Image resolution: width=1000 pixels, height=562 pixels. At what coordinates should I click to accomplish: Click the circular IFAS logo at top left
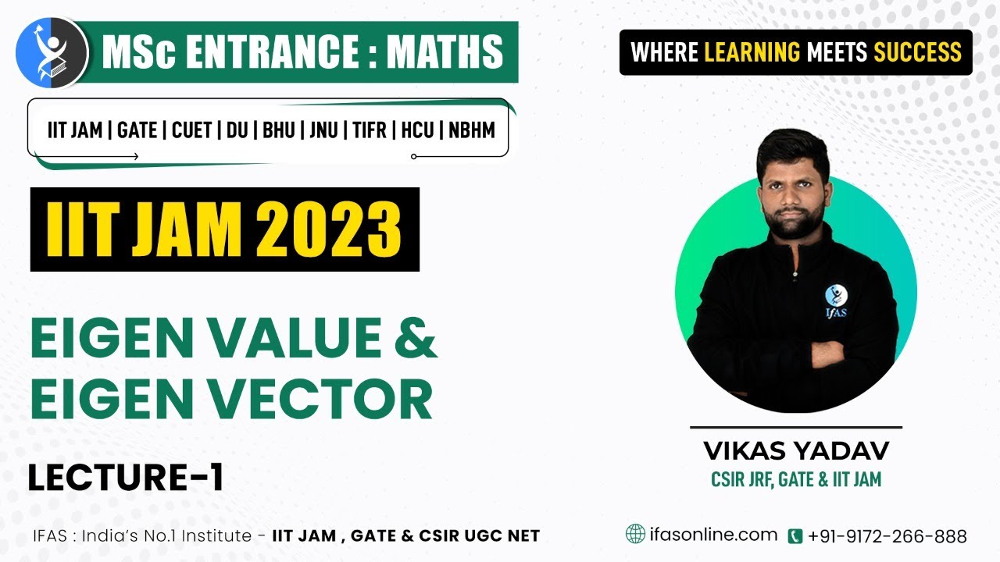52,52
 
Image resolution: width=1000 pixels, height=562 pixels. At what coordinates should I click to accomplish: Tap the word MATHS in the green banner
445,52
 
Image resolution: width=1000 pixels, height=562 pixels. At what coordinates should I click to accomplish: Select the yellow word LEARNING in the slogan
752,52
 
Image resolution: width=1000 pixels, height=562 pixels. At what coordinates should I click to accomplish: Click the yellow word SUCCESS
917,52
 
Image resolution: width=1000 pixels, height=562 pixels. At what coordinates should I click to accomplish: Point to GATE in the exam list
137,130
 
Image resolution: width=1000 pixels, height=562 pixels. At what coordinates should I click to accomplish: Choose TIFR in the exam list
370,130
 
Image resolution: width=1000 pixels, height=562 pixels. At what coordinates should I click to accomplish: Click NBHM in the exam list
472,130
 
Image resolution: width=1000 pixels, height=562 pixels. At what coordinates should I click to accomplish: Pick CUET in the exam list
191,130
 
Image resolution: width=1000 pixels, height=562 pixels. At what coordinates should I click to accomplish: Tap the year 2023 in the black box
328,229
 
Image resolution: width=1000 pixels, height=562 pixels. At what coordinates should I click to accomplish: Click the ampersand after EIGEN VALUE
416,337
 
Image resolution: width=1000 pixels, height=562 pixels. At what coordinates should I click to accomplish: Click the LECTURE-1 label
126,477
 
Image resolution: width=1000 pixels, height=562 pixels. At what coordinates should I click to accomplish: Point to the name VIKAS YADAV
796,450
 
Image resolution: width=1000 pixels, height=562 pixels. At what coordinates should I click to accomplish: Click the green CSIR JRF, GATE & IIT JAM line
796,479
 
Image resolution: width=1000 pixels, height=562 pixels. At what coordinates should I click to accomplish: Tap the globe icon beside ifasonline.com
635,534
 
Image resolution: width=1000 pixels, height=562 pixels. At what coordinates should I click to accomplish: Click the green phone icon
795,535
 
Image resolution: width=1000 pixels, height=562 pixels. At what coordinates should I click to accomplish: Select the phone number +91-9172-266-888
887,535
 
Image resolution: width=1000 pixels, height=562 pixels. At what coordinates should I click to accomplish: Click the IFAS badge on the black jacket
836,301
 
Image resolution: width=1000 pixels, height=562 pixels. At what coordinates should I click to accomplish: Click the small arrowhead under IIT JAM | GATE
136,156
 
